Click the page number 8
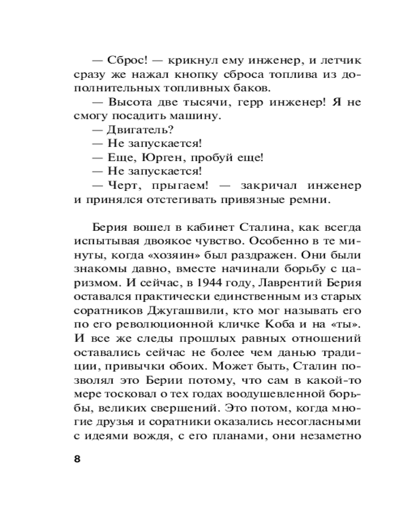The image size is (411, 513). click(77, 459)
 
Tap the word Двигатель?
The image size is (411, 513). click(136, 129)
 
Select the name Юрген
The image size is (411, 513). click(157, 156)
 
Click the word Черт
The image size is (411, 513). click(125, 184)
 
